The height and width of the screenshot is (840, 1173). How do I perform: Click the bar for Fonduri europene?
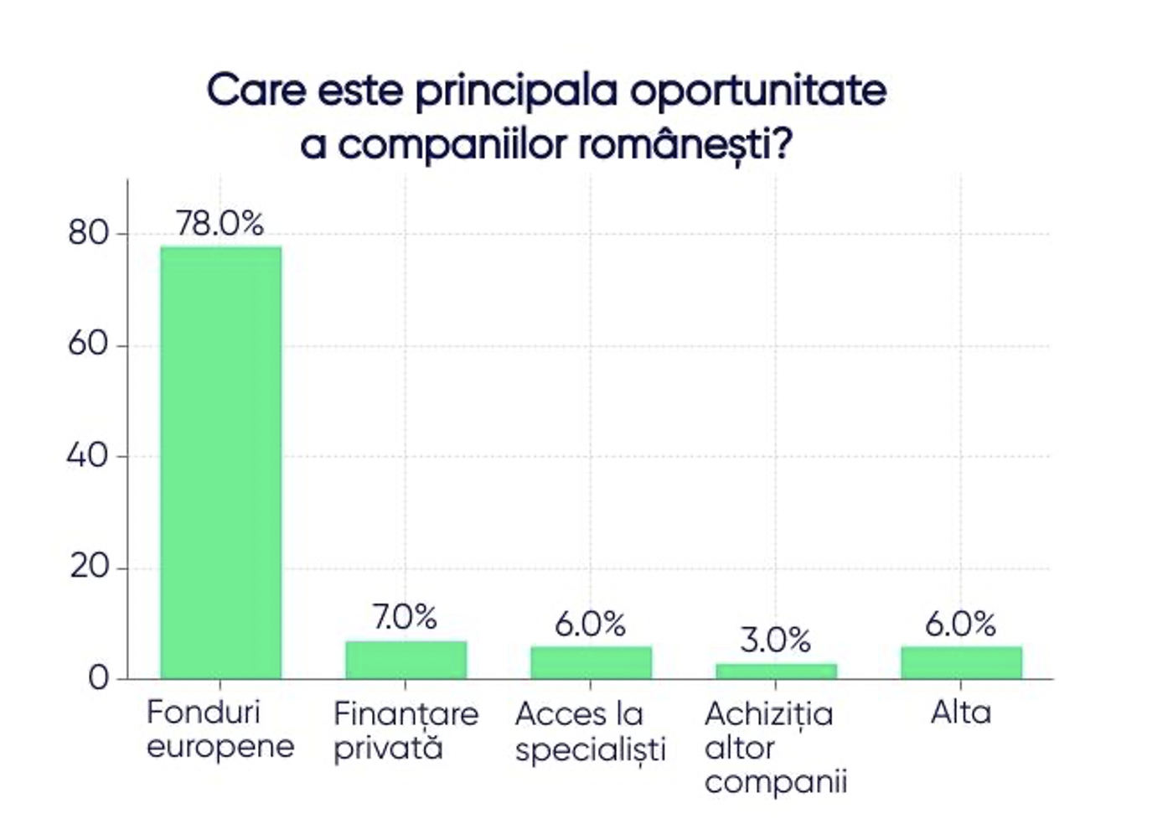point(220,461)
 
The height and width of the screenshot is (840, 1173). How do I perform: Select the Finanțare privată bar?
point(406,660)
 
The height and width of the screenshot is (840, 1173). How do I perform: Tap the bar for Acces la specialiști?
point(591,662)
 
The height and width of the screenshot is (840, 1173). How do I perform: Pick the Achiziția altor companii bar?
point(776,671)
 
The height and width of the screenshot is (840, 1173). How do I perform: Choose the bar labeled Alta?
point(961,662)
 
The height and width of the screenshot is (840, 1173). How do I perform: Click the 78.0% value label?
point(220,224)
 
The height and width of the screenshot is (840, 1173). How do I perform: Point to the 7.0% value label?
point(405,618)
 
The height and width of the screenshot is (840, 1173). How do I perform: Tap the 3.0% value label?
point(775,640)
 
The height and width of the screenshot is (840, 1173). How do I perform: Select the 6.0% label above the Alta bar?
point(960,624)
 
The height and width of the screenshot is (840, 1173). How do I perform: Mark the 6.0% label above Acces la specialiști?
point(590,624)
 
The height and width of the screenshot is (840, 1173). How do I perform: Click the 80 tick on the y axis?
point(89,233)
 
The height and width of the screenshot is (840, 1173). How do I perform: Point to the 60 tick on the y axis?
point(89,345)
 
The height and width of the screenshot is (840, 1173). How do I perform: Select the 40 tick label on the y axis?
point(88,456)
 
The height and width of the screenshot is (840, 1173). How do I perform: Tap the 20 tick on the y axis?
point(89,568)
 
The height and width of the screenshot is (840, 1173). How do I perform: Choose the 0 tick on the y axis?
point(99,678)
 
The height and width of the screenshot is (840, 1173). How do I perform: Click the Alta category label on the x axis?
point(961,713)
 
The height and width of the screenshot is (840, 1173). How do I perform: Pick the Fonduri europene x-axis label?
point(220,729)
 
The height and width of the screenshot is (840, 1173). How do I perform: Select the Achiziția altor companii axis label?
point(775,747)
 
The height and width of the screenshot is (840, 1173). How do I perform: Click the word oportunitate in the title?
point(758,91)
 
